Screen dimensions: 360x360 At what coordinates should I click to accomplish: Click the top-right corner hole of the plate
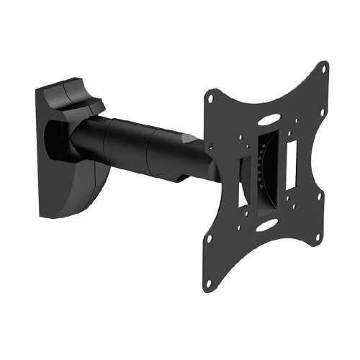point(323,70)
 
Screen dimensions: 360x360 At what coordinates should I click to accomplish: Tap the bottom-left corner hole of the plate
point(209,283)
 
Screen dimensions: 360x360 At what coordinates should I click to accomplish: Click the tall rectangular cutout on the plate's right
point(292,163)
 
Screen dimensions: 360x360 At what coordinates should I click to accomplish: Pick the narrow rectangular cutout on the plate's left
point(243,184)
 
